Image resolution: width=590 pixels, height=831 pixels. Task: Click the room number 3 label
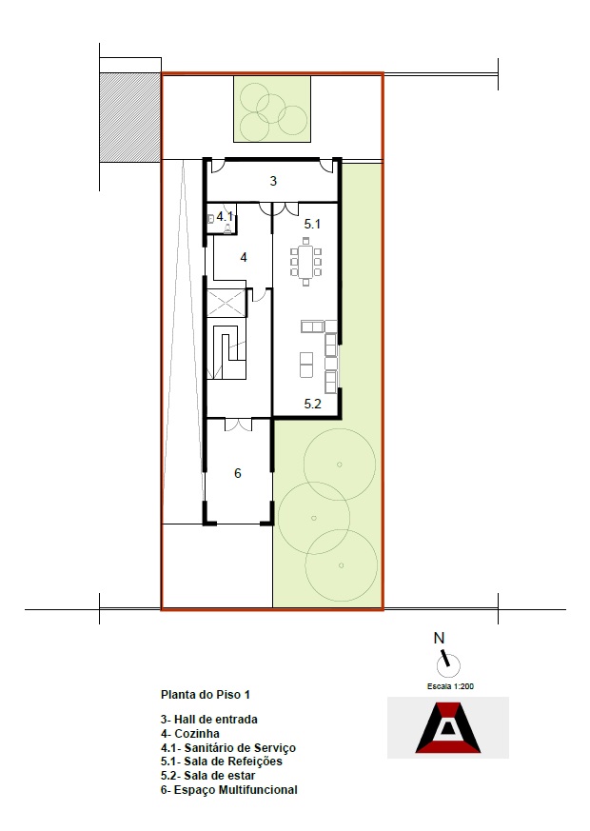(x=273, y=181)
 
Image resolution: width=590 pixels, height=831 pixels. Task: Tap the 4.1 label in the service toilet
(x=225, y=216)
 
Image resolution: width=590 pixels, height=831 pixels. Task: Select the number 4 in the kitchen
(x=244, y=258)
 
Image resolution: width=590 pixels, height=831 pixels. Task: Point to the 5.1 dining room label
(x=312, y=225)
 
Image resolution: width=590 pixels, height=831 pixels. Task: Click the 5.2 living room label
(x=312, y=404)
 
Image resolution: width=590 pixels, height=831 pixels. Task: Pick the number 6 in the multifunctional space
(x=238, y=473)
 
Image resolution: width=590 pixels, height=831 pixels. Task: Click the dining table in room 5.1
(x=305, y=261)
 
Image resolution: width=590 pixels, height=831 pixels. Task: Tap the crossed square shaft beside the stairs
(x=226, y=304)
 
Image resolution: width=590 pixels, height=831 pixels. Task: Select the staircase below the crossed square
(x=226, y=349)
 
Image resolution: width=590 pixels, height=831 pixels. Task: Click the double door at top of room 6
(x=238, y=424)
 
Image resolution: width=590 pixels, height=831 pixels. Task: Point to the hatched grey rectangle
(x=129, y=117)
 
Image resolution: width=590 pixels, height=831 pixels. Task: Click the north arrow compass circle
(x=448, y=665)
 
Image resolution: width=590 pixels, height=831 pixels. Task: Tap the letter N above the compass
(x=439, y=639)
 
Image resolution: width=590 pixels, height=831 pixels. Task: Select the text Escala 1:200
(x=450, y=686)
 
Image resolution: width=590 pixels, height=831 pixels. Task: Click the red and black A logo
(x=448, y=727)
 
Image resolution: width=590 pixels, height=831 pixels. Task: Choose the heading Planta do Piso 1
(x=205, y=694)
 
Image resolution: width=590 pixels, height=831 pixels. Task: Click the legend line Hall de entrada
(x=209, y=720)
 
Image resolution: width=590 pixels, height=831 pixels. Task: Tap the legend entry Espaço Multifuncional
(x=228, y=790)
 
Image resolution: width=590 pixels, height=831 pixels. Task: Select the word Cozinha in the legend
(x=197, y=734)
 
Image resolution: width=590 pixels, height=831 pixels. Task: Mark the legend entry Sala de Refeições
(x=222, y=762)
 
